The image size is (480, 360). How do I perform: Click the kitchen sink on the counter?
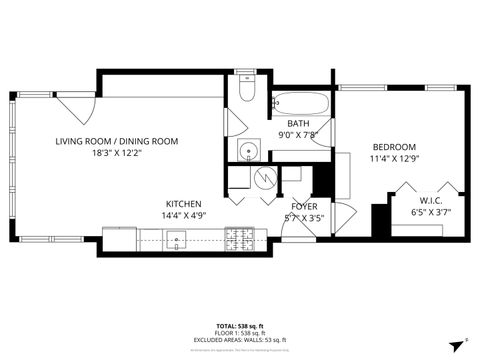coord(178,239)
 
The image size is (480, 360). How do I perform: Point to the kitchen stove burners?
coord(239,238)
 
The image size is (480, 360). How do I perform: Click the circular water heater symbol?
coord(265,177)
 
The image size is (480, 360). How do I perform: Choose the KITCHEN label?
coord(183,203)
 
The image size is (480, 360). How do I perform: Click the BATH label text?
coord(297,123)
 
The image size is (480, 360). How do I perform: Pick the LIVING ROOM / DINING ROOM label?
coord(117,141)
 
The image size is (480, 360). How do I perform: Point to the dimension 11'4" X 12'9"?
coord(393,158)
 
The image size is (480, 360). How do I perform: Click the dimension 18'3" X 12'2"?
coord(116,154)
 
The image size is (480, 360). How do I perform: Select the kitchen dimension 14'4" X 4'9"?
coord(183,216)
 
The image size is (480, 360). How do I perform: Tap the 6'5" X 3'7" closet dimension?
coord(432,211)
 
